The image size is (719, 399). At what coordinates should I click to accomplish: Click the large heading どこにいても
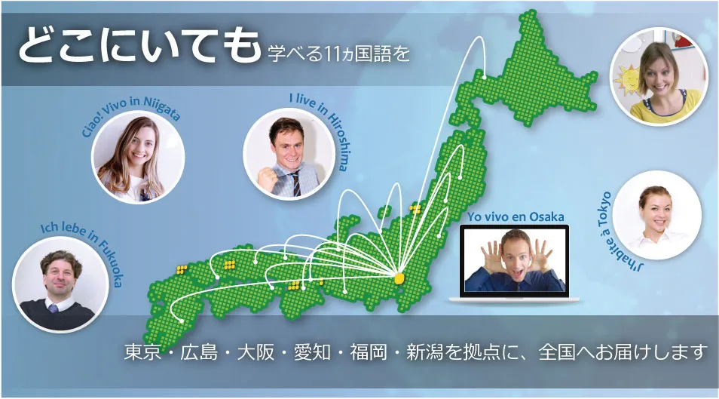point(139,45)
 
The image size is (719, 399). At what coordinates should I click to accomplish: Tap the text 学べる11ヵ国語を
point(339,54)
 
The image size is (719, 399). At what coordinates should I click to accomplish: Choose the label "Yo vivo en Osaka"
point(516,216)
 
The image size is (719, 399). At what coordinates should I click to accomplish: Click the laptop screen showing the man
point(515,260)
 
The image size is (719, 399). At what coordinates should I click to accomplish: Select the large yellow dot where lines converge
point(399,278)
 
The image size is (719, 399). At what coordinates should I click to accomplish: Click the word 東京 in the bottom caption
point(142,352)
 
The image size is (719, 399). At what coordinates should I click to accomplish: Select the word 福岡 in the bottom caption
point(369,352)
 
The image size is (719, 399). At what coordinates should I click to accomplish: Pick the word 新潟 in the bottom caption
point(424,352)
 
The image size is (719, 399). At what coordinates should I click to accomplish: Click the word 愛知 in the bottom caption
point(312,352)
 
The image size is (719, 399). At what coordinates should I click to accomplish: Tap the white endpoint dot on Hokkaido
point(485,77)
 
